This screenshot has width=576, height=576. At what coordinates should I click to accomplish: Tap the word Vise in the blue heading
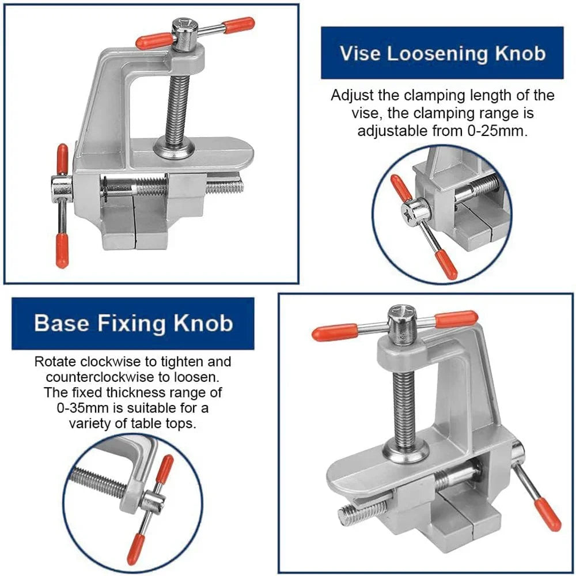[359, 53]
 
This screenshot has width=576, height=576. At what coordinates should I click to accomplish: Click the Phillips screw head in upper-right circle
[416, 212]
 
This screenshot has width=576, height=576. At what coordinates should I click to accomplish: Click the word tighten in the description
[195, 362]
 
